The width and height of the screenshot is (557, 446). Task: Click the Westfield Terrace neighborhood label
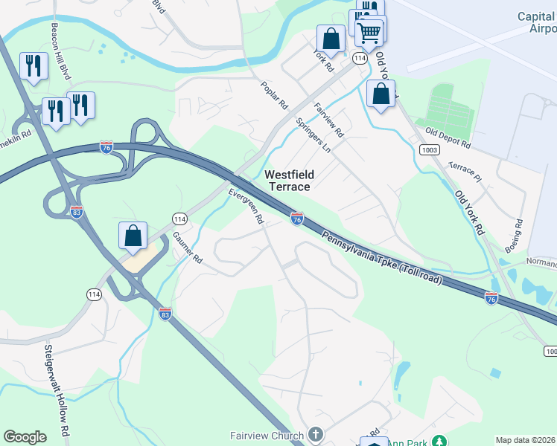pyautogui.click(x=290, y=181)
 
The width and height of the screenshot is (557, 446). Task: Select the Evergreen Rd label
pyautogui.click(x=246, y=206)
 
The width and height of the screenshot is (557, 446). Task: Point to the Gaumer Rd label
pyautogui.click(x=187, y=248)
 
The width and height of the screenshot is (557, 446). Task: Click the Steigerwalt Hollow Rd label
pyautogui.click(x=56, y=390)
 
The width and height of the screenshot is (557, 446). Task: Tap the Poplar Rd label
pyautogui.click(x=252, y=95)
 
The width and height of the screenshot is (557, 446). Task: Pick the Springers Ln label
pyautogui.click(x=313, y=135)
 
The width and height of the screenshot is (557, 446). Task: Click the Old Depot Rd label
pyautogui.click(x=448, y=137)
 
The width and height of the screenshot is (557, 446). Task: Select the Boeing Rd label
pyautogui.click(x=518, y=233)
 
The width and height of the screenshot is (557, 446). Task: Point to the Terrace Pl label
pyautogui.click(x=465, y=170)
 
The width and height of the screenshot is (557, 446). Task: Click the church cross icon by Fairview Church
pyautogui.click(x=315, y=434)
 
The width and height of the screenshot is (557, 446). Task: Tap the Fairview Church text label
pyautogui.click(x=267, y=436)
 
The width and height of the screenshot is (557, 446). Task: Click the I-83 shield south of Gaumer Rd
pyautogui.click(x=165, y=314)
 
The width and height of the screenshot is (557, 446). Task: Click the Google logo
pyautogui.click(x=25, y=437)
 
